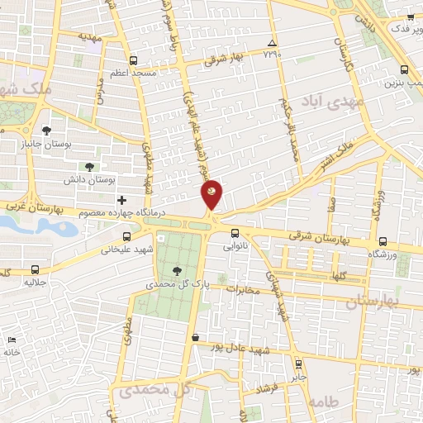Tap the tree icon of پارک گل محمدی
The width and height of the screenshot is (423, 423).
click(x=178, y=270)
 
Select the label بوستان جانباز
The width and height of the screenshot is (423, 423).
click(x=65, y=145)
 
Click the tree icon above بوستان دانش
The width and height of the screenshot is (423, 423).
click(x=101, y=166)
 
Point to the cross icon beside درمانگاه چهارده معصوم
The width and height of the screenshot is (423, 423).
click(x=121, y=200)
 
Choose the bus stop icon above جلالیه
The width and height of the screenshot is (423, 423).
click(x=35, y=269)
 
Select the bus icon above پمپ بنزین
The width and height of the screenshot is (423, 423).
click(x=403, y=70)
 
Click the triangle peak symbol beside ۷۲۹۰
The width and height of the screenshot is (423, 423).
click(x=272, y=43)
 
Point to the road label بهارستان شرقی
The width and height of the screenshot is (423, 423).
click(x=325, y=237)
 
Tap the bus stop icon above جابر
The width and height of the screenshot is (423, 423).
click(x=298, y=364)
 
